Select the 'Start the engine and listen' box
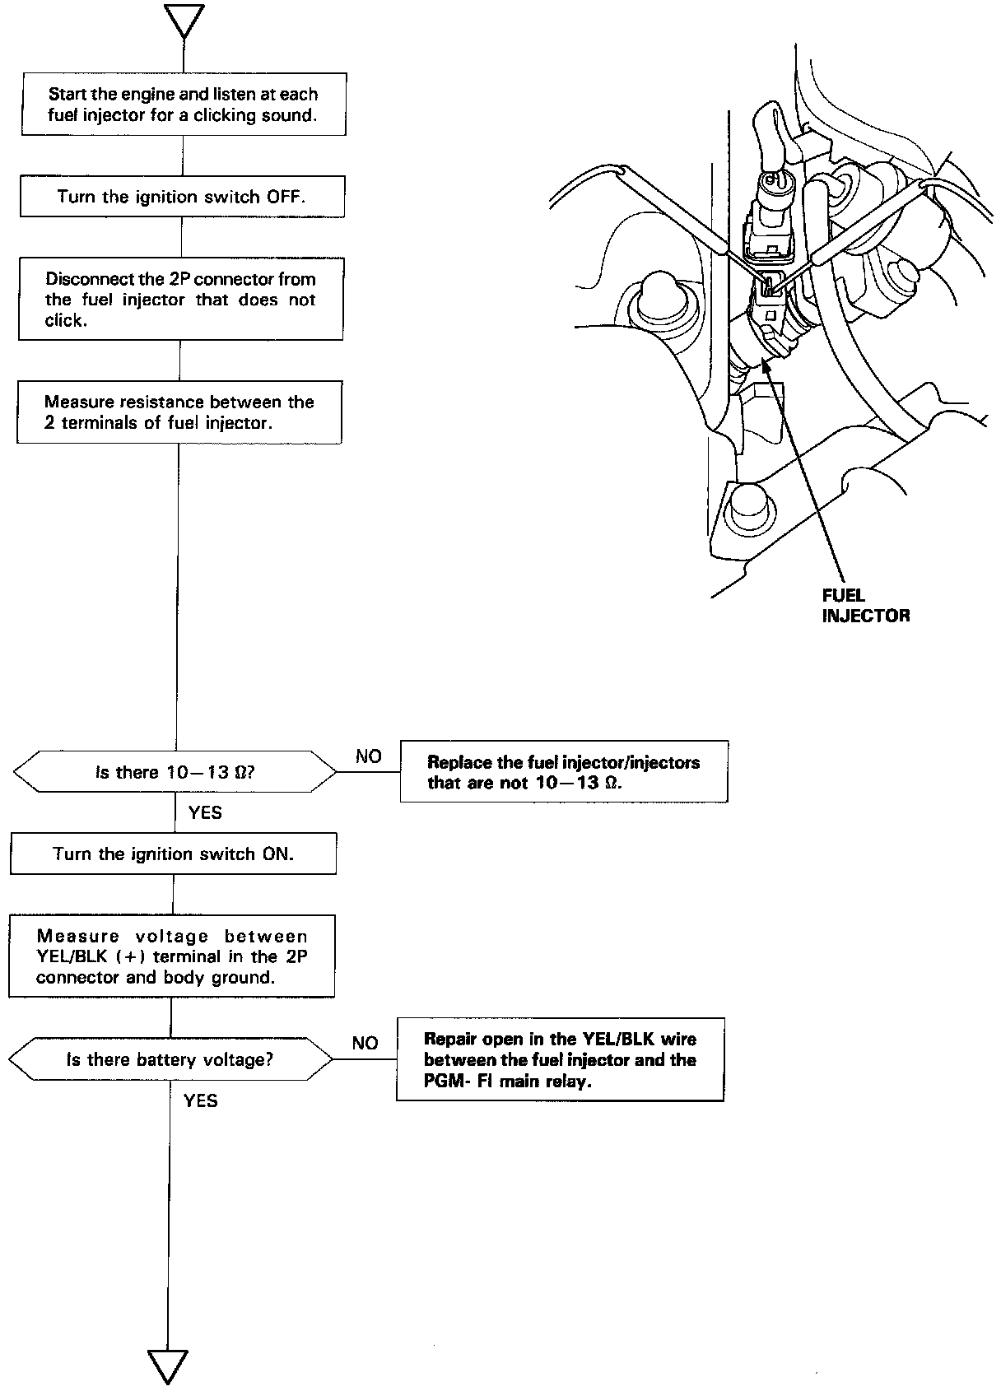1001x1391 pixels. (x=183, y=105)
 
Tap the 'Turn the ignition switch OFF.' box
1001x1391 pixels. (x=182, y=197)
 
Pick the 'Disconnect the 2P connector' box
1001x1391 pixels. (x=181, y=299)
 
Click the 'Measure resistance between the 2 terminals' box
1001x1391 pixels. (x=179, y=412)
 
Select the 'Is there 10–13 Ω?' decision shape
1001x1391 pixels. (x=175, y=772)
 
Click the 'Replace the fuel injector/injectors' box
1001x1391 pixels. (x=564, y=771)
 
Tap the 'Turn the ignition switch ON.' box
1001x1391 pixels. (x=174, y=854)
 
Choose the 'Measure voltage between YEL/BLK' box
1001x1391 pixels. (x=172, y=956)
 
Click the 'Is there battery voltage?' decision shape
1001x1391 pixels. (x=170, y=1059)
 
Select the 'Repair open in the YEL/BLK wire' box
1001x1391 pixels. (x=561, y=1059)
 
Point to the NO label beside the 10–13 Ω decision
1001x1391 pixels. (x=368, y=756)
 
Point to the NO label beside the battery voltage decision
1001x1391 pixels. (x=365, y=1043)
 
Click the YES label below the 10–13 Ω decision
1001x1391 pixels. (x=205, y=812)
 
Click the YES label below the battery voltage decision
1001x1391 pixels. (x=201, y=1100)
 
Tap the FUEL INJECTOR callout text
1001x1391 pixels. (x=865, y=605)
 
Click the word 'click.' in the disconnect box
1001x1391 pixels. (x=66, y=320)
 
